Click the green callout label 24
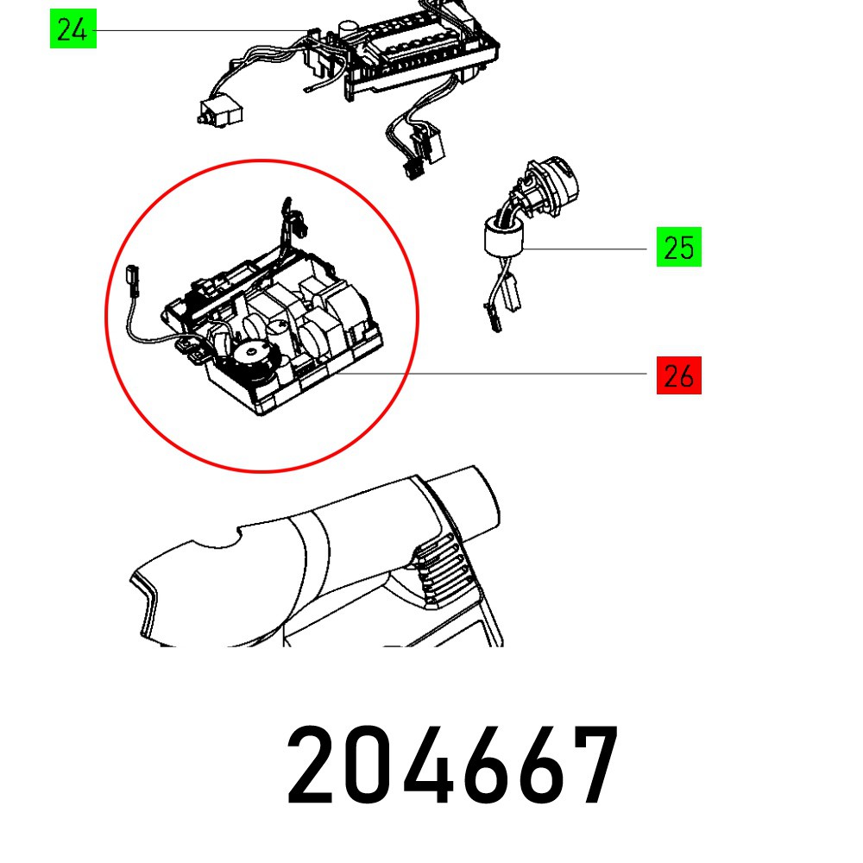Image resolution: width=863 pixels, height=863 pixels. pyautogui.click(x=72, y=30)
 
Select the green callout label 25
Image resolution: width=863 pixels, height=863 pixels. pyautogui.click(x=678, y=248)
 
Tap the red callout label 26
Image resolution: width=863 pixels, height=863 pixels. pyautogui.click(x=678, y=376)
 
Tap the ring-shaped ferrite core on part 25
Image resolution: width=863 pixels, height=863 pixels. pyautogui.click(x=501, y=239)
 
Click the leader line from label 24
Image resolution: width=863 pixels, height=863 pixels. pyautogui.click(x=198, y=31)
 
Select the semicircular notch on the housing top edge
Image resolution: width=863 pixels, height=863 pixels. pyautogui.click(x=219, y=536)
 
